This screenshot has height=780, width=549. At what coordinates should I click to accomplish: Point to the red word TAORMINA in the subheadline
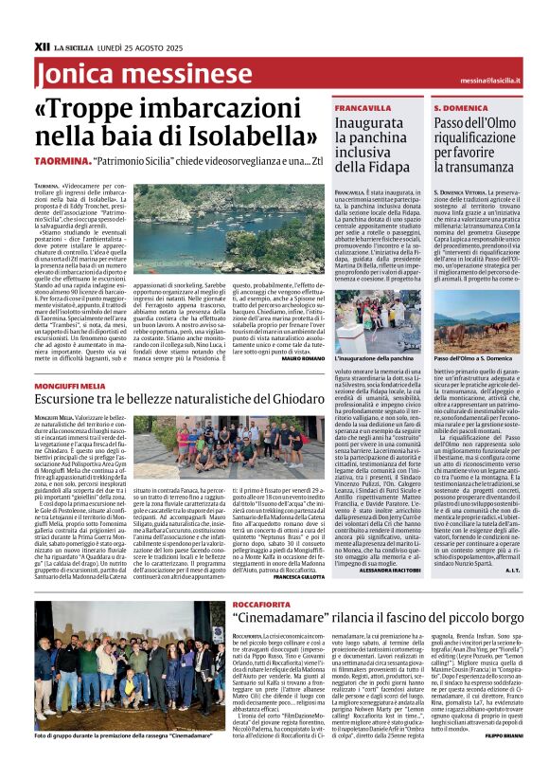pos(67,163)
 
